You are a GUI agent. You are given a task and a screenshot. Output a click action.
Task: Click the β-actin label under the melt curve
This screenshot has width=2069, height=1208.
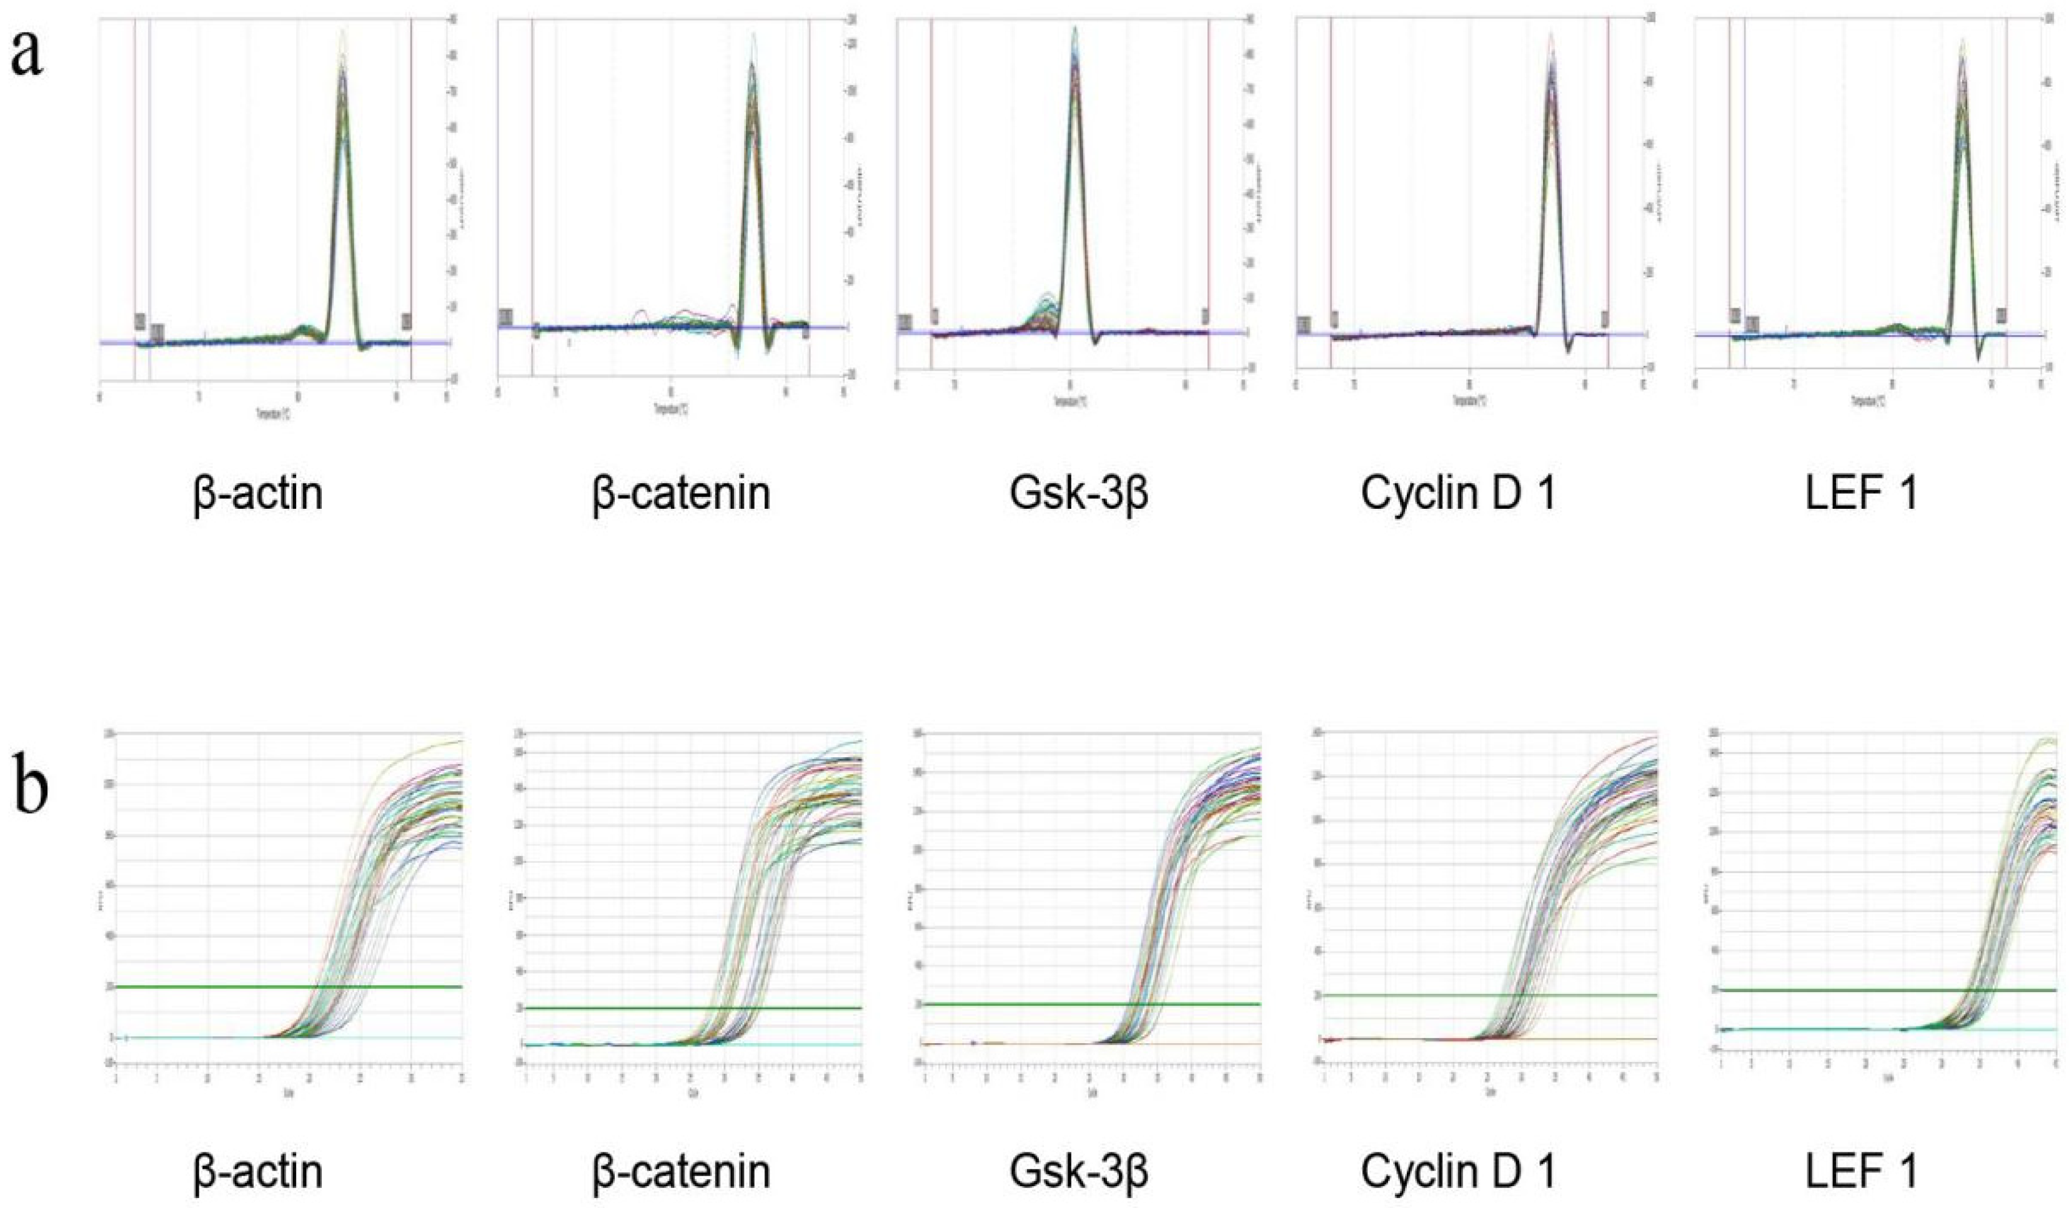258,494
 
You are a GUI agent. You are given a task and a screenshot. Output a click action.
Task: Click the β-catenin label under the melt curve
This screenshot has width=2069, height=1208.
682,494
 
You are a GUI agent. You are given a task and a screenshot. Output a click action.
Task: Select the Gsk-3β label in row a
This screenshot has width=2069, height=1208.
1079,494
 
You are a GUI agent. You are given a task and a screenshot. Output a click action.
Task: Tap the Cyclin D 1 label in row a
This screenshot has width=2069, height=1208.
1458,494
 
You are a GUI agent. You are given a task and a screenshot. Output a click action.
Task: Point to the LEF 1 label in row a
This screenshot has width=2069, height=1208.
1860,494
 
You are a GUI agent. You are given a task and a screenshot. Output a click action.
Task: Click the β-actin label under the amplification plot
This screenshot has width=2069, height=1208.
258,1172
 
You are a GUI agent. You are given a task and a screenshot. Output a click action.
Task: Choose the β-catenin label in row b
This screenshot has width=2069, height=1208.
682,1172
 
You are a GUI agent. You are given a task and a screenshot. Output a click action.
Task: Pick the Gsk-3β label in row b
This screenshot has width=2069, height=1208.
1079,1172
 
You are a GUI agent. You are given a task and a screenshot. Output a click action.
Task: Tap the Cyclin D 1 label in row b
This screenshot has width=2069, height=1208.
1458,1172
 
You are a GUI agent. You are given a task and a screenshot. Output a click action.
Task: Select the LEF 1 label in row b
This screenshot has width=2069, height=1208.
1860,1172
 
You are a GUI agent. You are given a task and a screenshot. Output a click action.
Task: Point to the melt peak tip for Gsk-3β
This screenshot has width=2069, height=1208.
1074,29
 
